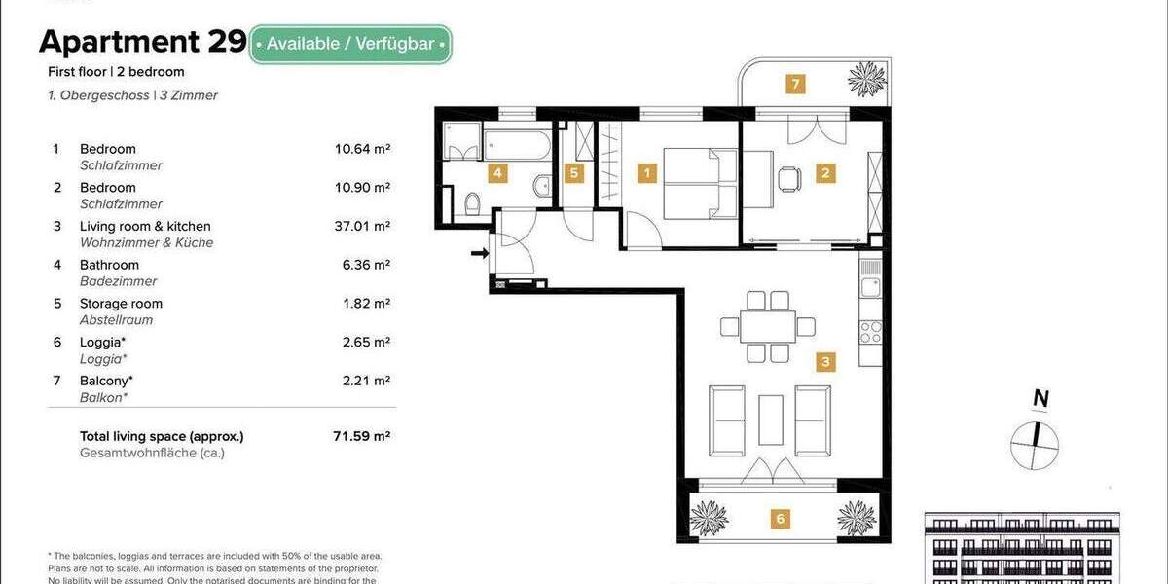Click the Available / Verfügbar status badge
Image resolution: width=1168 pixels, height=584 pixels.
tap(350, 44)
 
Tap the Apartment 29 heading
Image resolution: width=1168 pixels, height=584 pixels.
tap(141, 42)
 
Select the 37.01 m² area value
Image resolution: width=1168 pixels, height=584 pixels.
tap(361, 226)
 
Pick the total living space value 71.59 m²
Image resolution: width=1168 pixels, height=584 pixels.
tap(361, 436)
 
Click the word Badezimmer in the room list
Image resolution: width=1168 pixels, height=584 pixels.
tap(118, 281)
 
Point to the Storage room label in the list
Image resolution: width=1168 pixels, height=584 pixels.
tap(121, 304)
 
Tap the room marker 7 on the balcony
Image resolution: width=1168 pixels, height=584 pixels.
tap(795, 85)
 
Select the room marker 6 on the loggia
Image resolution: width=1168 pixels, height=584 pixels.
tap(780, 520)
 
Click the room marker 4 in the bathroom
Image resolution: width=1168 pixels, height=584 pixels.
tap(497, 174)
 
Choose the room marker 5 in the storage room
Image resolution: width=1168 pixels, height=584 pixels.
tap(574, 174)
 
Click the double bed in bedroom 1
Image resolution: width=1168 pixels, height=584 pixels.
tap(700, 183)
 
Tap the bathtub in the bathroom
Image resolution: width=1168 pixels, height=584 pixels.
tap(517, 146)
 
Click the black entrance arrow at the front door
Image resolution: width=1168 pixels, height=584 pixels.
tap(479, 255)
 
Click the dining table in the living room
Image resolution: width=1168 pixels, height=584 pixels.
tap(767, 326)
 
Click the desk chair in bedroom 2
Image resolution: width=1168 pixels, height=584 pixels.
tap(789, 178)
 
